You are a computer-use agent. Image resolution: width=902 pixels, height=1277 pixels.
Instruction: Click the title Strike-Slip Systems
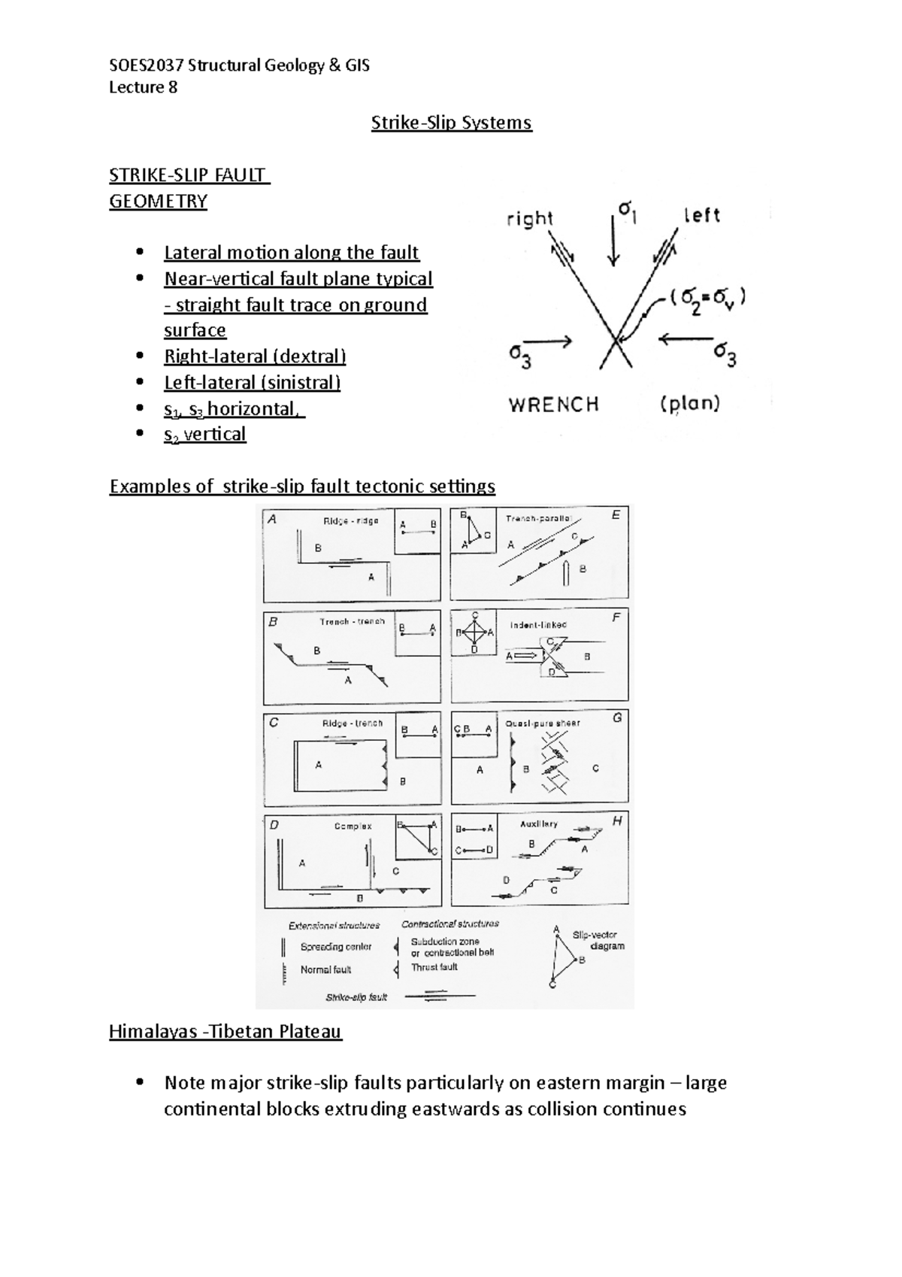click(x=451, y=123)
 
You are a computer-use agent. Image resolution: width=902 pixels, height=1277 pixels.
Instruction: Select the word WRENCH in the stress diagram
click(x=554, y=405)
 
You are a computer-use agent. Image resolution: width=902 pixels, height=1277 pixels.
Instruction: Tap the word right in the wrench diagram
click(x=530, y=219)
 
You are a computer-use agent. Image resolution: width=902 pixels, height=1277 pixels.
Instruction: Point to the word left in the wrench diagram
click(x=702, y=216)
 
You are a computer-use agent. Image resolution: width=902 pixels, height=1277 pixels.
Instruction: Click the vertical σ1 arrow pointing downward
click(x=614, y=241)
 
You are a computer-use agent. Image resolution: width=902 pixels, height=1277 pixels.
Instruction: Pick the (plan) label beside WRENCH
click(x=690, y=404)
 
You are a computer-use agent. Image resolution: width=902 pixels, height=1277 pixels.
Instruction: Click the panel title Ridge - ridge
click(x=350, y=521)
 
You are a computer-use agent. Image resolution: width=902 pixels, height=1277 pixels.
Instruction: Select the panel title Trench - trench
click(x=352, y=622)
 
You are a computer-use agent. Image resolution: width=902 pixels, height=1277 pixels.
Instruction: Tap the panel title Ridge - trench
click(x=353, y=723)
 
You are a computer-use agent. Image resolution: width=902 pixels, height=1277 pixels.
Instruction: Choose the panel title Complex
click(x=353, y=826)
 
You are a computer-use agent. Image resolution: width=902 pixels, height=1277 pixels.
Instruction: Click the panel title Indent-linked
click(x=538, y=625)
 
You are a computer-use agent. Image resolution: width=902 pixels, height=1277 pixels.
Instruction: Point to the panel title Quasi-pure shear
click(x=543, y=723)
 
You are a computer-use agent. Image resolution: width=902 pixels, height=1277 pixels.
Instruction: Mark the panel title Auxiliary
click(x=539, y=824)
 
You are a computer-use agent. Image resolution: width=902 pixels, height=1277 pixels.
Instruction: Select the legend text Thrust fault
click(x=434, y=967)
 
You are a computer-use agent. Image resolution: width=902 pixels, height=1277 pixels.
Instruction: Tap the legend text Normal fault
click(x=325, y=970)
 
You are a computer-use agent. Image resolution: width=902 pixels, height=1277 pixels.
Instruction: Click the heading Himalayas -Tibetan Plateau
click(x=225, y=1031)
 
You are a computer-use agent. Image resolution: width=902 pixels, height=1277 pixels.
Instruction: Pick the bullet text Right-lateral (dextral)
click(x=255, y=356)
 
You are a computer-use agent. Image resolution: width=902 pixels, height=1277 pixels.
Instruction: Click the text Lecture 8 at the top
click(x=144, y=87)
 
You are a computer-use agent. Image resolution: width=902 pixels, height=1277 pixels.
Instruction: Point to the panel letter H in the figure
click(x=617, y=821)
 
